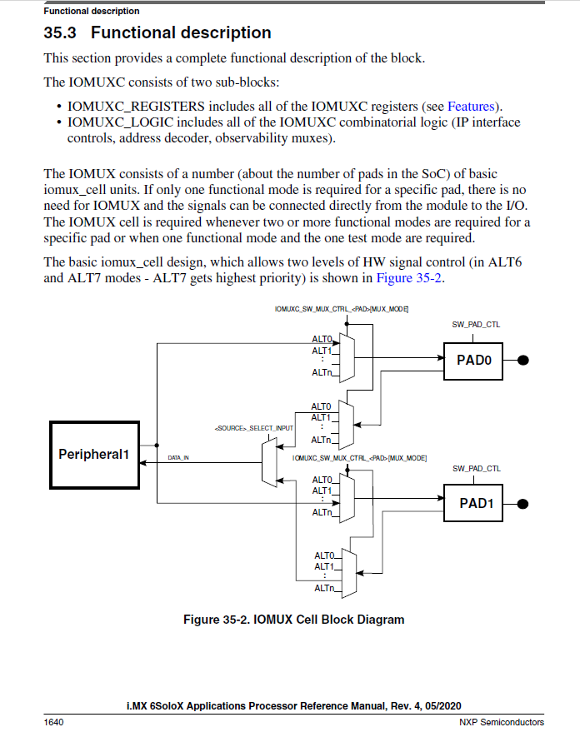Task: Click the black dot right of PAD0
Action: [524, 360]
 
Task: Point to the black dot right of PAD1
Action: [524, 503]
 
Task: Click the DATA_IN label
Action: [179, 457]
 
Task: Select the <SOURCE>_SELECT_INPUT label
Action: [249, 428]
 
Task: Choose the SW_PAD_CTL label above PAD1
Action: [476, 469]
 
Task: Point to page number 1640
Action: [53, 722]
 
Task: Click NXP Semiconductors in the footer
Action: [502, 722]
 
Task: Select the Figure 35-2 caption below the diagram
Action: [293, 620]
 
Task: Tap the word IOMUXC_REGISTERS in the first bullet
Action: [136, 106]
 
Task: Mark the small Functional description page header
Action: [92, 11]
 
